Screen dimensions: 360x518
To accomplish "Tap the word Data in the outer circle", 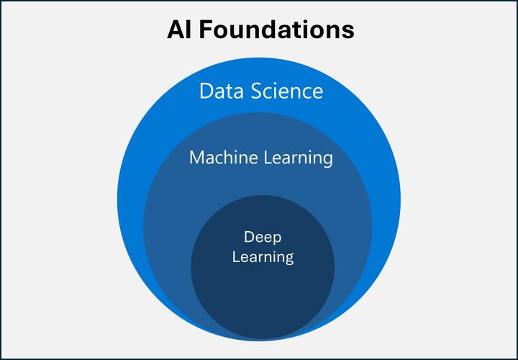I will pyautogui.click(x=221, y=92).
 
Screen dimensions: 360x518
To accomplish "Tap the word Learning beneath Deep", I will pyautogui.click(x=262, y=256).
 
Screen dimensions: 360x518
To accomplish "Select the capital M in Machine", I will pyautogui.click(x=196, y=157).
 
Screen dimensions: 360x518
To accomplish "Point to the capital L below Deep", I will pyautogui.click(x=235, y=256).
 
